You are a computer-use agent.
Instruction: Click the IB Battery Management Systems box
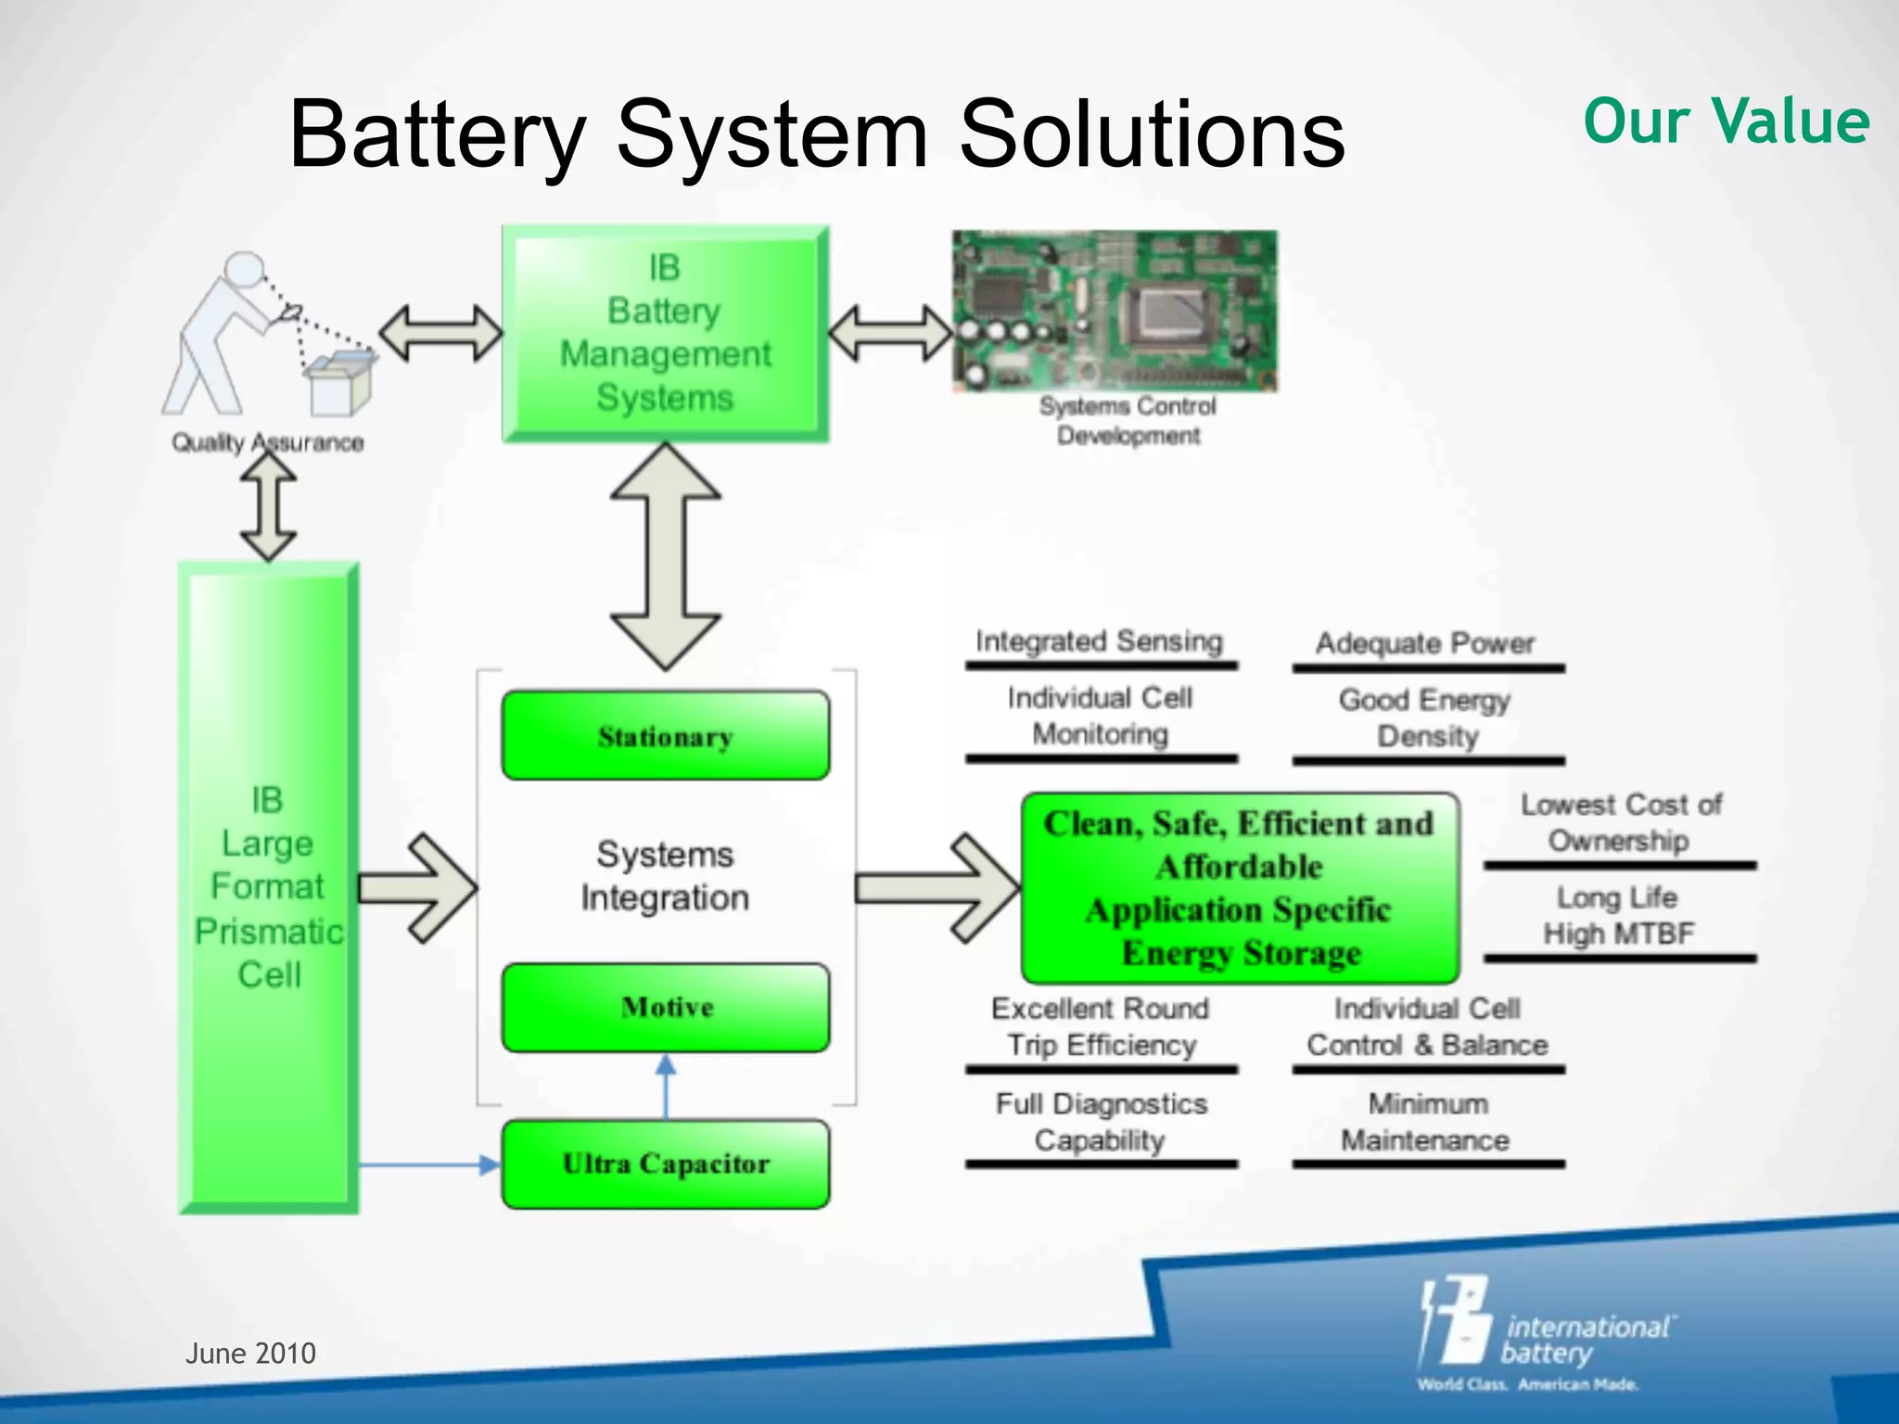click(665, 334)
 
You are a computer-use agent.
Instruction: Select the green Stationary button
click(665, 735)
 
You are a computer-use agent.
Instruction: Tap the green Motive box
click(665, 1008)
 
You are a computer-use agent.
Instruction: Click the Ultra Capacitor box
click(665, 1164)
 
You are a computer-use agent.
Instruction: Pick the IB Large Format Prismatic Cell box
click(268, 886)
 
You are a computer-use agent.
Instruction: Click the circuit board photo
click(1115, 311)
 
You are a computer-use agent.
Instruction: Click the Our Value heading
click(1726, 121)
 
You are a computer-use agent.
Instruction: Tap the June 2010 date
click(250, 1354)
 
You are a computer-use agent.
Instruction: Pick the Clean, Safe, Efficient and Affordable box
click(1240, 888)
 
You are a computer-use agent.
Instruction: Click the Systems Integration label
click(665, 876)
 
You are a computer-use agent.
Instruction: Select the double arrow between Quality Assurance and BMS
click(440, 334)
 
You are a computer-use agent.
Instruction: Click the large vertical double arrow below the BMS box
click(665, 556)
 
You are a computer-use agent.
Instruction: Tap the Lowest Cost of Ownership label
click(1620, 822)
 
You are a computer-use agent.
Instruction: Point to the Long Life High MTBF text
click(1618, 916)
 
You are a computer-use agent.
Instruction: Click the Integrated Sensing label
click(1100, 642)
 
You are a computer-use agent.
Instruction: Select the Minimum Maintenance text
click(1427, 1122)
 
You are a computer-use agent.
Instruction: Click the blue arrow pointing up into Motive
click(665, 1085)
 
